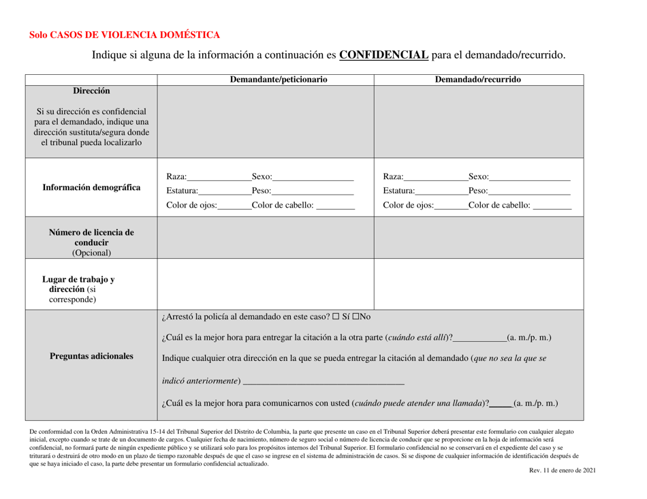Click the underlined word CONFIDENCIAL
click(x=383, y=54)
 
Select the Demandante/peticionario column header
click(x=279, y=80)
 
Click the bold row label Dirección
click(x=92, y=91)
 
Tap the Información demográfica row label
click(x=92, y=187)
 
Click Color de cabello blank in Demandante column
click(x=335, y=205)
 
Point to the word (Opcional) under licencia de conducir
click(x=92, y=253)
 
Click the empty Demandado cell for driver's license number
click(x=482, y=238)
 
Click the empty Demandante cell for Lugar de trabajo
click(x=266, y=284)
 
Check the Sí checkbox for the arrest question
click(x=345, y=317)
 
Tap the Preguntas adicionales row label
click(x=92, y=356)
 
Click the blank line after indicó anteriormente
click(x=323, y=379)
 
